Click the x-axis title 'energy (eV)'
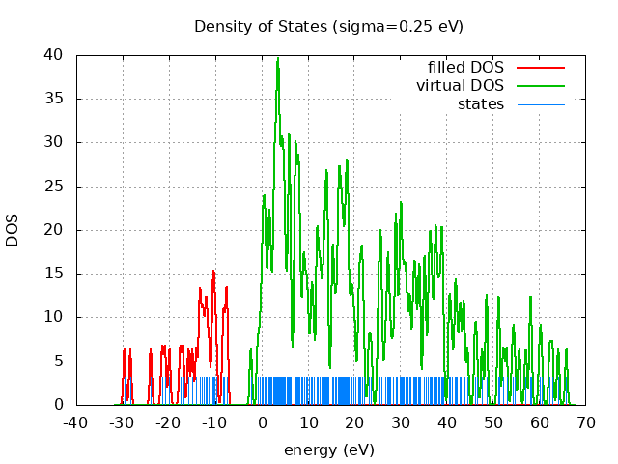coord(328,450)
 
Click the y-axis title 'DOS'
coord(13,230)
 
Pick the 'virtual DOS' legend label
coord(460,86)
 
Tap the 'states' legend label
coord(480,104)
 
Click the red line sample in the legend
coord(540,68)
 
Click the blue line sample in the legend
coord(540,104)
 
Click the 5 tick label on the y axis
coord(60,362)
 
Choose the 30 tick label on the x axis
coord(401,423)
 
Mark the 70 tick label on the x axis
coord(586,423)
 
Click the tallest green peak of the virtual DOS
coord(278,58)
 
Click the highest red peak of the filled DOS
coord(213,272)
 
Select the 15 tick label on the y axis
coord(56,274)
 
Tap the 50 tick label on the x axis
coord(493,423)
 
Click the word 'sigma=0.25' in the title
coord(373,26)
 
